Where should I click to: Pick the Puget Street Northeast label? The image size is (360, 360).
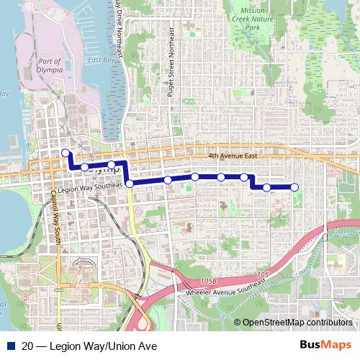pyautogui.click(x=174, y=73)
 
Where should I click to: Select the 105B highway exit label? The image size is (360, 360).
pyautogui.click(x=209, y=279)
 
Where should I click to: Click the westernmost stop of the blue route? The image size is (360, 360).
pyautogui.click(x=66, y=153)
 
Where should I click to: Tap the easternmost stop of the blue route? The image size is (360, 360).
pyautogui.click(x=294, y=188)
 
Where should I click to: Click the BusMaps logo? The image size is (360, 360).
pyautogui.click(x=326, y=346)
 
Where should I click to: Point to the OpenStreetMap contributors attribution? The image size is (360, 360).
pyautogui.click(x=297, y=323)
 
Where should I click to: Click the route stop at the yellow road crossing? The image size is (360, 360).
pyautogui.click(x=130, y=184)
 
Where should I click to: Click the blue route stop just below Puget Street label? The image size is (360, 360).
pyautogui.click(x=168, y=180)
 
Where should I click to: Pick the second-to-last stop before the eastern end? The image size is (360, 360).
pyautogui.click(x=267, y=188)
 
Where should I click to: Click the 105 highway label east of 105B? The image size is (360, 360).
pyautogui.click(x=261, y=274)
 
